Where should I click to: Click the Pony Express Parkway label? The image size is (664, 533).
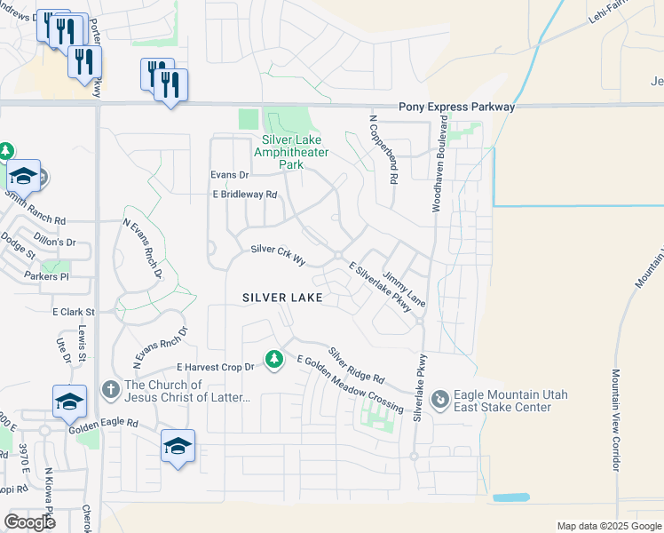click(456, 107)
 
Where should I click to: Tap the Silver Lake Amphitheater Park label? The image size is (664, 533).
click(291, 152)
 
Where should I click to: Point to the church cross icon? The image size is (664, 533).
click(110, 388)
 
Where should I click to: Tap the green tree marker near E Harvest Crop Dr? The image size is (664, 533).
click(275, 359)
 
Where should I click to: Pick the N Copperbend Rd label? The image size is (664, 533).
click(382, 149)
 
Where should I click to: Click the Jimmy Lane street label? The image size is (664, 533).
click(405, 290)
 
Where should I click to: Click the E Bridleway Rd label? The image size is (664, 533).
click(244, 195)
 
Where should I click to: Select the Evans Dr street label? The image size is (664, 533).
click(229, 176)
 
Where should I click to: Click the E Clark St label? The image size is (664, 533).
click(73, 313)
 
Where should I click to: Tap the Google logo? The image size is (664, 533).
click(29, 522)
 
